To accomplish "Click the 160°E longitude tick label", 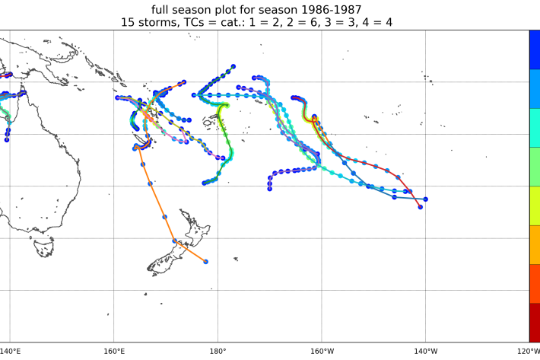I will [113, 351].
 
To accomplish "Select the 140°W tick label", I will [425, 351].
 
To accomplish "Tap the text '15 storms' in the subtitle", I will [151, 23].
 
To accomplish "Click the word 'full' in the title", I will [163, 9].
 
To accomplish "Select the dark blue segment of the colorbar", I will [535, 49].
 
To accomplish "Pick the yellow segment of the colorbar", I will [535, 205].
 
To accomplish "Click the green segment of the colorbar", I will [535, 167].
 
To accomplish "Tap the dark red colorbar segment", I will [535, 322].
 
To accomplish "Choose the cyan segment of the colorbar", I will [535, 128].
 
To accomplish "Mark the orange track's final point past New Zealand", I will [206, 261].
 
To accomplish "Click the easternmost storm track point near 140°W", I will [425, 199].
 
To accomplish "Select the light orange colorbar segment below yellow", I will [535, 244].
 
